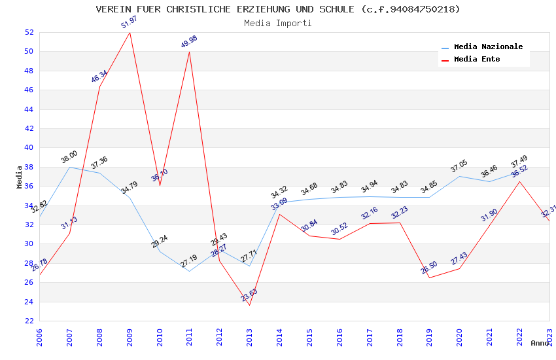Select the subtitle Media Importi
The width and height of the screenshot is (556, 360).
(278, 23)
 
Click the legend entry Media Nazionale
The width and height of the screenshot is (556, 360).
(488, 47)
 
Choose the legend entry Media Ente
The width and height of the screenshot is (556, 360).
(477, 60)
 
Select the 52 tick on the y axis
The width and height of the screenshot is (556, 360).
(29, 32)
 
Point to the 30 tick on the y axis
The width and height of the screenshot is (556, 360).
(29, 243)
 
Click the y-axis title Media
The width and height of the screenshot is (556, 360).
(20, 177)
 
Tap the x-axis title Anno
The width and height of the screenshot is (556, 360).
(540, 343)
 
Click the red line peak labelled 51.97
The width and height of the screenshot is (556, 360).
(130, 33)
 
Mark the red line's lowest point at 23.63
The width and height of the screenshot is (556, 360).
(249, 305)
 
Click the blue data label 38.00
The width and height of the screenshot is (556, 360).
(69, 156)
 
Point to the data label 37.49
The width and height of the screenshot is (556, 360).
(519, 160)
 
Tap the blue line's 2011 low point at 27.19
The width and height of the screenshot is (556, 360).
(189, 271)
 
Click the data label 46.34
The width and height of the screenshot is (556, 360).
(99, 77)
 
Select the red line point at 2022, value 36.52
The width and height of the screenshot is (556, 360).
(519, 181)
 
